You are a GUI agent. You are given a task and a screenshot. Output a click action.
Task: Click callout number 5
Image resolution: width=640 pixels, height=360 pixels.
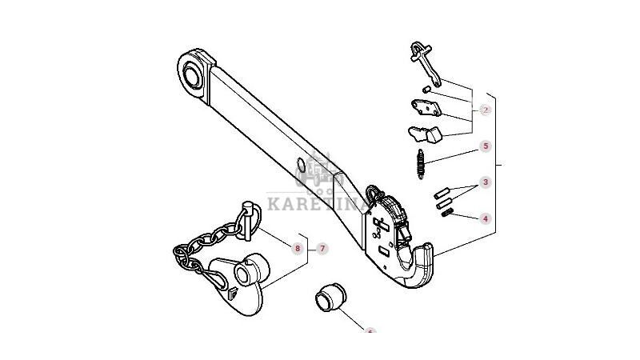(485, 146)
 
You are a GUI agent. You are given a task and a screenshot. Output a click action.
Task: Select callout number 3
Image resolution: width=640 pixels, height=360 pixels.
(485, 184)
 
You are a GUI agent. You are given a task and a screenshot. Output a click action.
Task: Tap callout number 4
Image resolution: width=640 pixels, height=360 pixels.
(485, 218)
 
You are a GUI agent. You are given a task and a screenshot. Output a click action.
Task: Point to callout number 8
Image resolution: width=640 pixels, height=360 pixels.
(298, 249)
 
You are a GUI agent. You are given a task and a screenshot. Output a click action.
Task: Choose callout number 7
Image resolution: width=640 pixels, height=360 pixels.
(322, 249)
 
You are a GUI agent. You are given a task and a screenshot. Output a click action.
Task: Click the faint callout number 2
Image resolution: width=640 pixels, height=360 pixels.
(485, 110)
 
